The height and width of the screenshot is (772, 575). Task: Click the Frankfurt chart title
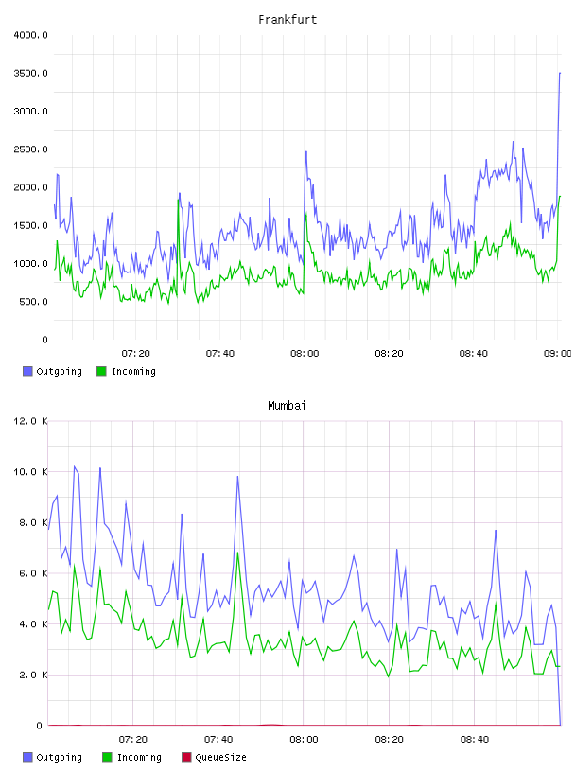(287, 20)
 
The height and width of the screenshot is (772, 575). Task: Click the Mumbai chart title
(287, 406)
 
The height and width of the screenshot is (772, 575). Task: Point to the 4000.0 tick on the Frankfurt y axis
(30, 35)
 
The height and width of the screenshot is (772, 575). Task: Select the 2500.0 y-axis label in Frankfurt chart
(30, 149)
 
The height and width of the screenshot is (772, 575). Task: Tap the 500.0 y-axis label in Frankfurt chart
(33, 301)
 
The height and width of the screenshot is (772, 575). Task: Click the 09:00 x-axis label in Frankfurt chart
(557, 354)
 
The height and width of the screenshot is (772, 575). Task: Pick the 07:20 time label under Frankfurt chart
(136, 354)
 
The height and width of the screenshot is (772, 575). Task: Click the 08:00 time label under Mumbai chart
(304, 740)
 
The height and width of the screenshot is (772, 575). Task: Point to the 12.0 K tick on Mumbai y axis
(30, 421)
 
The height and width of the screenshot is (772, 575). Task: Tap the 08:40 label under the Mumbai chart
(475, 740)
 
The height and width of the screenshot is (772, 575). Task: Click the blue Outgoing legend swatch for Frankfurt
(27, 371)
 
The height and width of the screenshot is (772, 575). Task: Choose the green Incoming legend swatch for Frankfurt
(101, 371)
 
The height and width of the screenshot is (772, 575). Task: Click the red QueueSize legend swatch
(186, 757)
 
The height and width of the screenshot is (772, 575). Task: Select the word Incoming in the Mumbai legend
(139, 757)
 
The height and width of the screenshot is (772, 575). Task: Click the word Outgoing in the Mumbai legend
(59, 757)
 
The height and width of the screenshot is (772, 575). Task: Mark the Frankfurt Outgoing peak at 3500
(560, 73)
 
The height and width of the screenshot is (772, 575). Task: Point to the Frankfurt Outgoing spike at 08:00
(306, 151)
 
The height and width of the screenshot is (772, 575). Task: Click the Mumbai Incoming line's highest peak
(237, 553)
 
